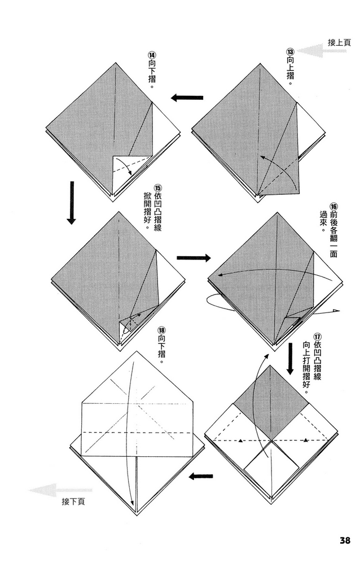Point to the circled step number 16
pos(333,206)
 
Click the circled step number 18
pos(162,331)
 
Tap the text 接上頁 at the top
pos(340,42)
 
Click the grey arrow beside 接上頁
pos(314,51)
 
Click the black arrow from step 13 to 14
pos(187,98)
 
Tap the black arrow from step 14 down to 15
pos(72,202)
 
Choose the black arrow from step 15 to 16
pos(193,258)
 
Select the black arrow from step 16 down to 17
pos(290,359)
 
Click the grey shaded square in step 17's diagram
pos(271,403)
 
